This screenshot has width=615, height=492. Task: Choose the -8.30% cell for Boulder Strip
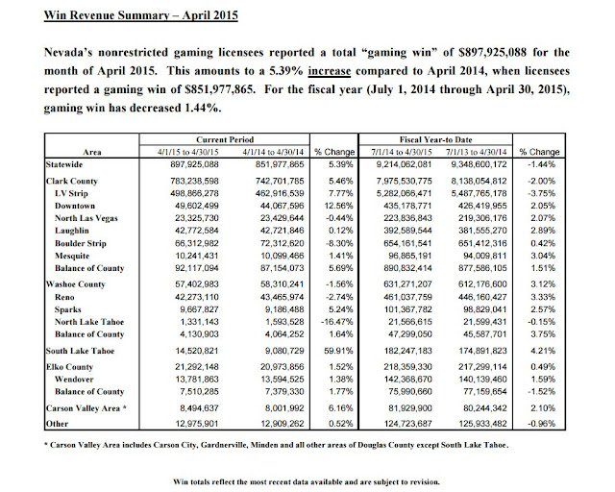tap(321, 248)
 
